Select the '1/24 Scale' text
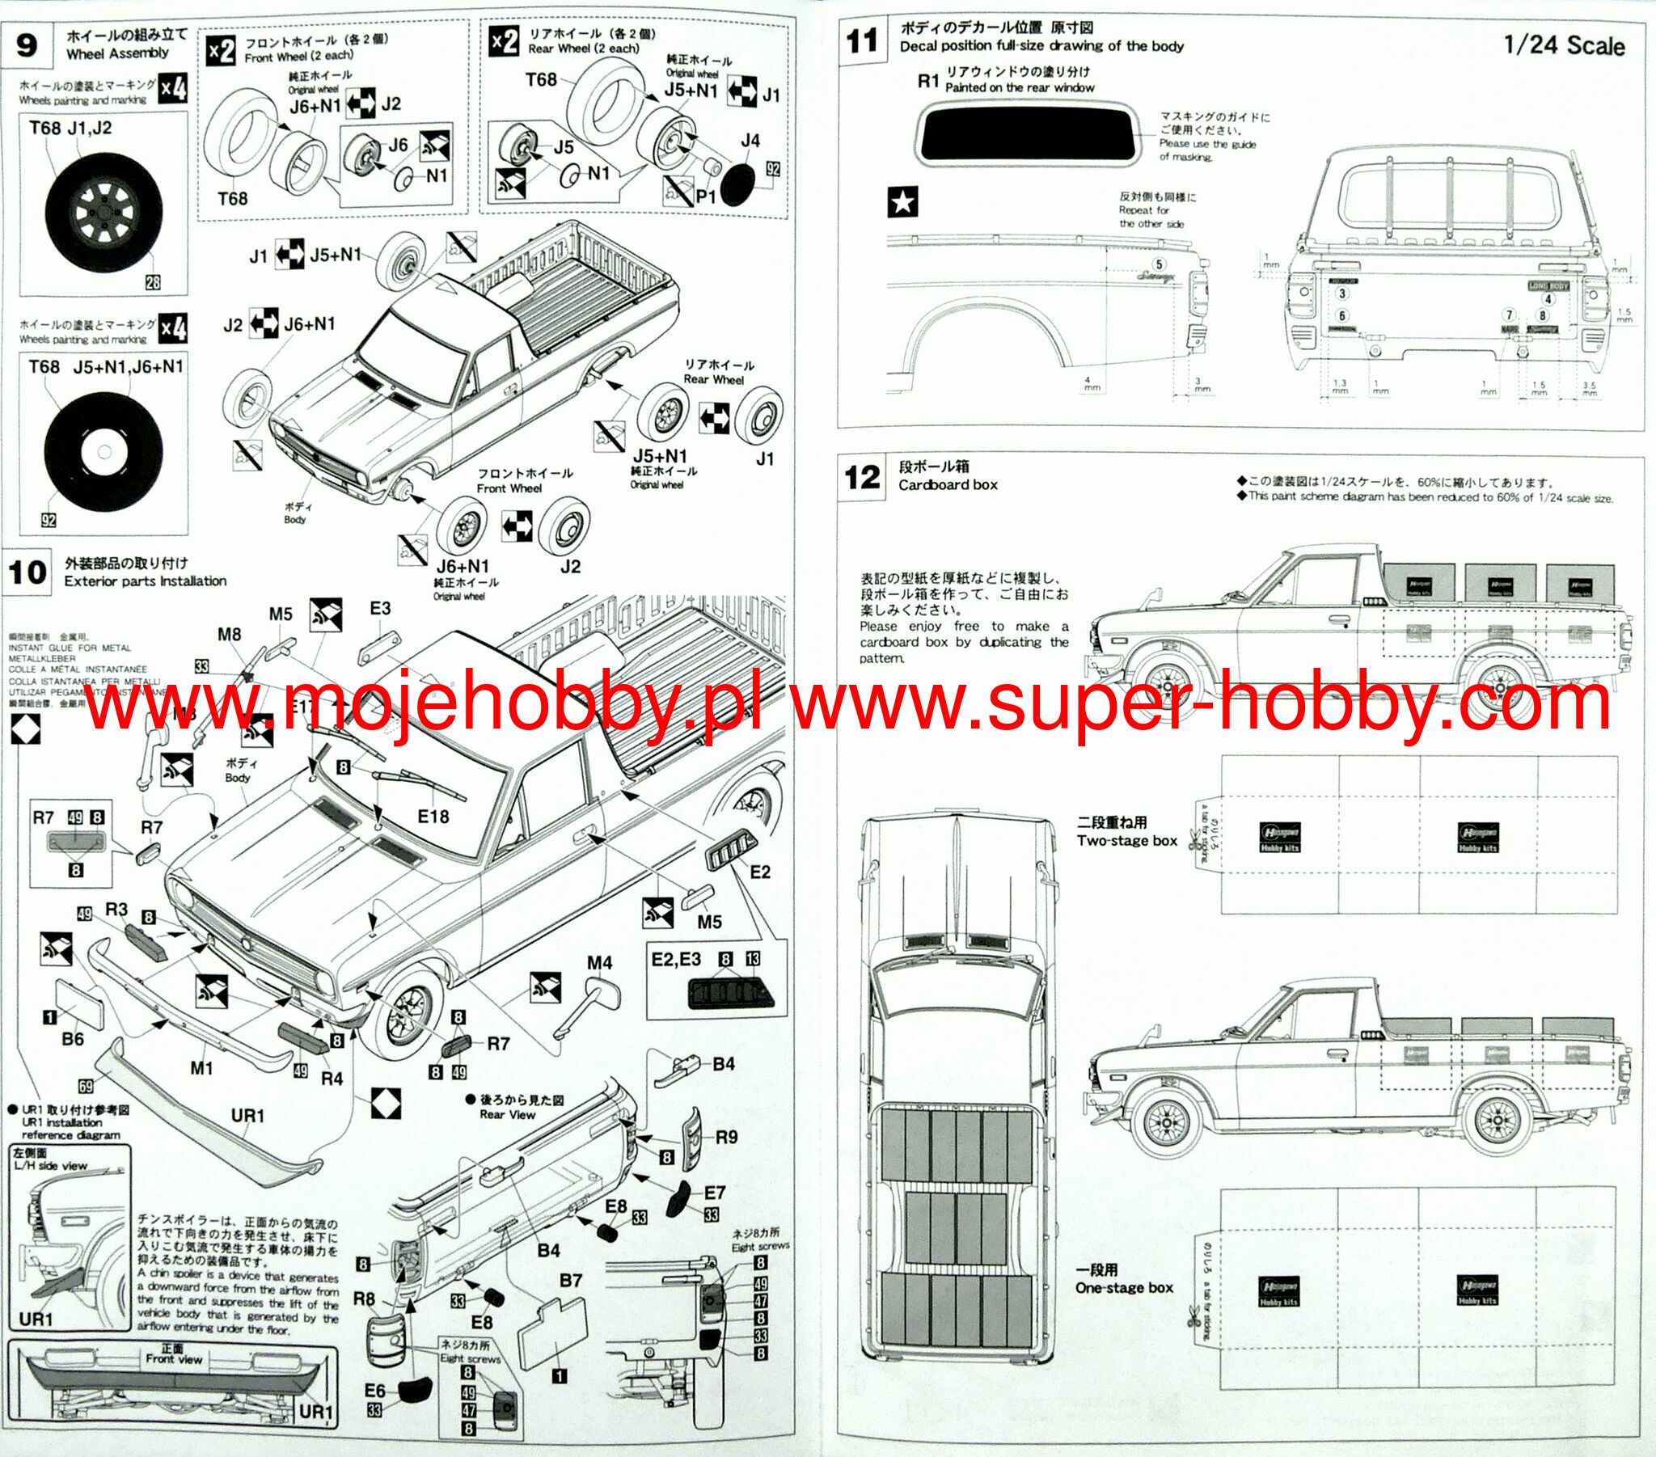pyautogui.click(x=1564, y=45)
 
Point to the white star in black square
pyautogui.click(x=902, y=202)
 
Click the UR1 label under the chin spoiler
pyautogui.click(x=248, y=1116)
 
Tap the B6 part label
pyautogui.click(x=73, y=1038)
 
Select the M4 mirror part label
pyautogui.click(x=599, y=963)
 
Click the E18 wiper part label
pyautogui.click(x=433, y=817)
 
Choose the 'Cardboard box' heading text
pyautogui.click(x=948, y=484)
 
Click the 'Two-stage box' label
pyautogui.click(x=1127, y=840)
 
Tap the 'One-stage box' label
pyautogui.click(x=1125, y=1288)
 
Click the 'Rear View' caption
pyautogui.click(x=507, y=1114)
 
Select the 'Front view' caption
pyautogui.click(x=173, y=1359)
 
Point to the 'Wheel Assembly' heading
pyautogui.click(x=117, y=53)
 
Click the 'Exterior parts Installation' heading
pyautogui.click(x=146, y=581)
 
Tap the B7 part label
pyautogui.click(x=571, y=1281)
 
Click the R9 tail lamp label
pyautogui.click(x=726, y=1138)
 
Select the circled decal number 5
pyautogui.click(x=1160, y=264)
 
